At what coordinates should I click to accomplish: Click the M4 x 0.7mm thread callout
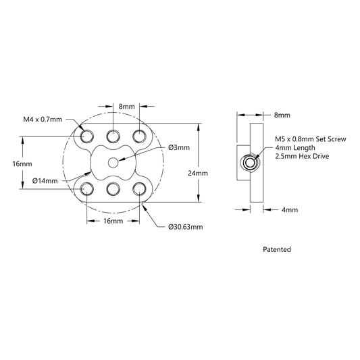tap(43, 120)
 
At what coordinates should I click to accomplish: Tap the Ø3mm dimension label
tap(179, 147)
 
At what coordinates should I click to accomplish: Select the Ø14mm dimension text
tap(45, 181)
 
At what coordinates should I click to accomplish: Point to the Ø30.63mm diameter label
tap(186, 227)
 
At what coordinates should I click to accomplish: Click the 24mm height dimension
tap(198, 173)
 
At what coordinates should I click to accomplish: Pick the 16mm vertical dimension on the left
tap(22, 164)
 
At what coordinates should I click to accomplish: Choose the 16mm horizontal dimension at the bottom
tap(113, 221)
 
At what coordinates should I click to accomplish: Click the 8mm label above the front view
tap(127, 107)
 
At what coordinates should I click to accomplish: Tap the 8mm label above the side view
tap(282, 115)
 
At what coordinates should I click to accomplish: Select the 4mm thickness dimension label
tap(290, 209)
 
